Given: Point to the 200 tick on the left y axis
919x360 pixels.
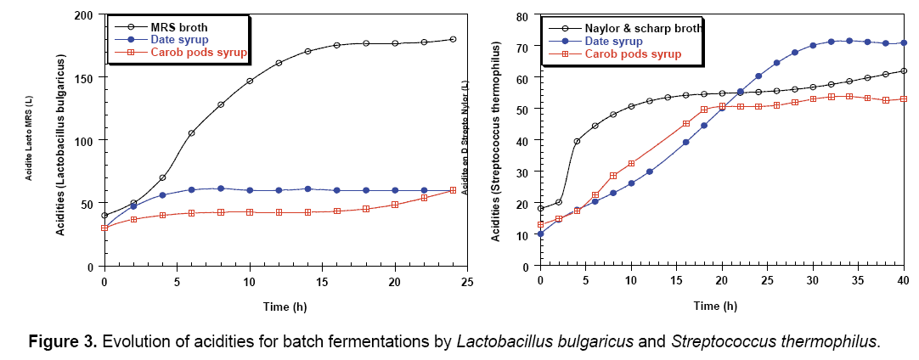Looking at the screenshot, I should click(84, 16).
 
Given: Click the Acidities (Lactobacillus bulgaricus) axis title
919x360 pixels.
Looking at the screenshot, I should click(63, 142).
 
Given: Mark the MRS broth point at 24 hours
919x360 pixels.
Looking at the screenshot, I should click(453, 39).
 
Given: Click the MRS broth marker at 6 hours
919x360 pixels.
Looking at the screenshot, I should click(191, 133).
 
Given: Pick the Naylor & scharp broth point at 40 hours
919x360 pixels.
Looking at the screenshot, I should click(903, 71).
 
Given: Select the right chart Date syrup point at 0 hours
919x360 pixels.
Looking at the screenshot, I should click(540, 233).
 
